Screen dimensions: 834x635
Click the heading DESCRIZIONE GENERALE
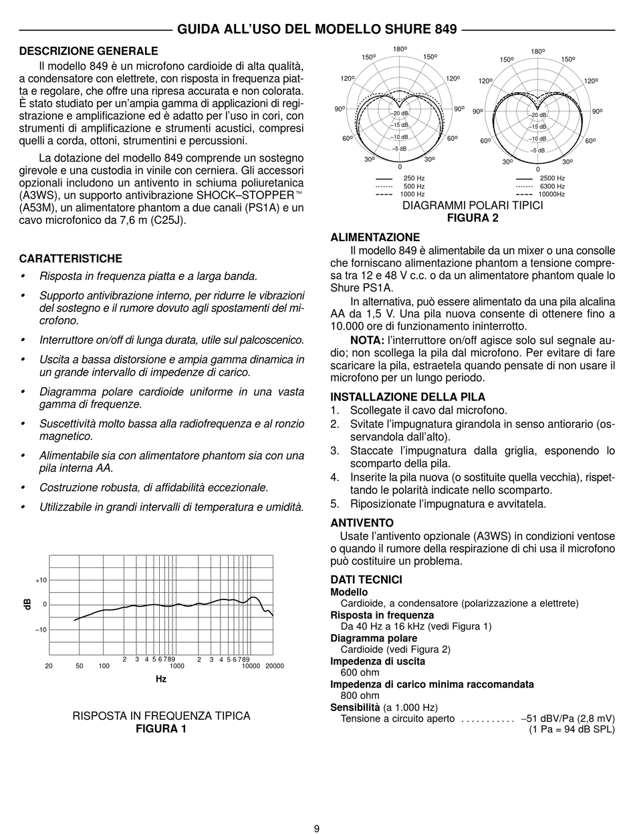88,51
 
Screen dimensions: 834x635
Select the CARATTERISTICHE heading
70,259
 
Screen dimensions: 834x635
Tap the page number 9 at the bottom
317,829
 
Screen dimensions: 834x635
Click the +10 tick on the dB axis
41,580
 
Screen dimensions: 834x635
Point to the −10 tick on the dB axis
41,630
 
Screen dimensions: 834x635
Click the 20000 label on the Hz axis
274,666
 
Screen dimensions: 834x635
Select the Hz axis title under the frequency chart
161,679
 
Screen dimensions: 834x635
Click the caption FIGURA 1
161,728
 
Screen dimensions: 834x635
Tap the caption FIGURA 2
473,218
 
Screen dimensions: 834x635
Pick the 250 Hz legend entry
414,178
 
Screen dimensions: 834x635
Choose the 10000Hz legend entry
552,194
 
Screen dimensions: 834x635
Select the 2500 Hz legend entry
552,178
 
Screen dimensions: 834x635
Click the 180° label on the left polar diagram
400,49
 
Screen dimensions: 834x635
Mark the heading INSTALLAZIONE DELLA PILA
408,397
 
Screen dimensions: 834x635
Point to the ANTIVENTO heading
362,523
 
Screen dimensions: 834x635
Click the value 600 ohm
360,673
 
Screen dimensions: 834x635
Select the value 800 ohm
360,696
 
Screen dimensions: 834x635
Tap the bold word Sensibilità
356,707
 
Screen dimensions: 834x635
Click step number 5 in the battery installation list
335,504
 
